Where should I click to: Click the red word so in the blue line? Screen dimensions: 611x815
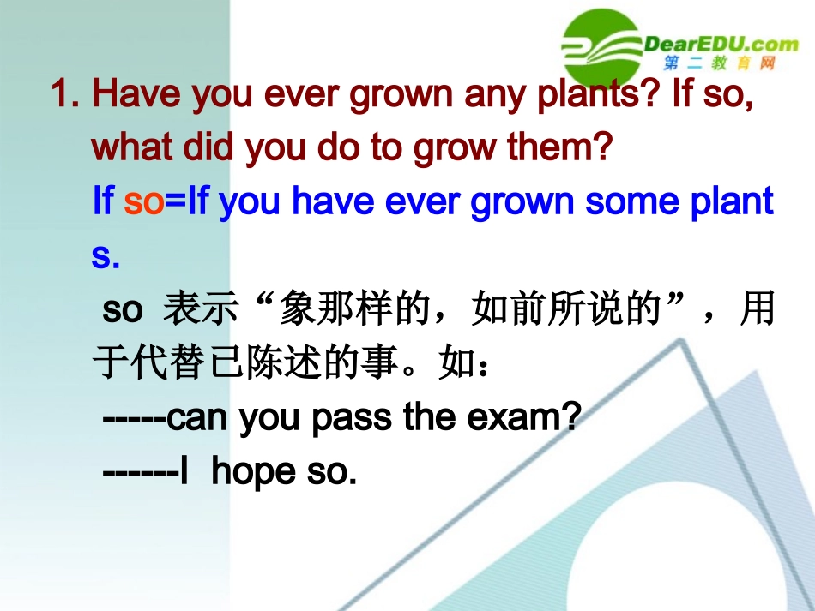pyautogui.click(x=143, y=201)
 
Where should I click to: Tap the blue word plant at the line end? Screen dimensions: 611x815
pyautogui.click(x=733, y=201)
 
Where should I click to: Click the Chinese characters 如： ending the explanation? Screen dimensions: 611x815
pyautogui.click(x=466, y=364)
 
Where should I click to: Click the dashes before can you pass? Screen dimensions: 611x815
pyautogui.click(x=133, y=418)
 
